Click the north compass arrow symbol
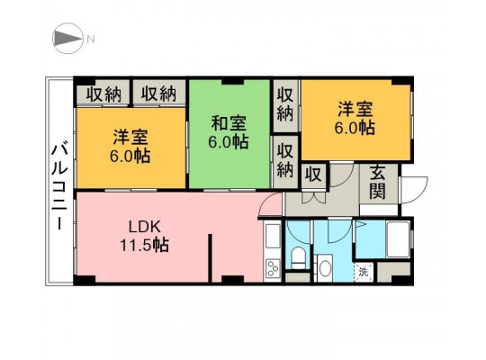67,39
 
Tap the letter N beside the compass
91,39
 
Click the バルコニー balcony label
59,185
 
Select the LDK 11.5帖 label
144,237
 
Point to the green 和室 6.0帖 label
229,132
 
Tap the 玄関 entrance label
378,182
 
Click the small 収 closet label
313,175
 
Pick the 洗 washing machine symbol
364,273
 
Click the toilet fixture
299,257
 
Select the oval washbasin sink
325,268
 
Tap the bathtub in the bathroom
399,238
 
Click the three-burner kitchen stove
273,268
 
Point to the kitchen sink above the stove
273,236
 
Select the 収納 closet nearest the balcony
103,94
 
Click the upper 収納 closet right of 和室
285,106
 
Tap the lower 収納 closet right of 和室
285,162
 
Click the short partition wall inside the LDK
210,258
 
